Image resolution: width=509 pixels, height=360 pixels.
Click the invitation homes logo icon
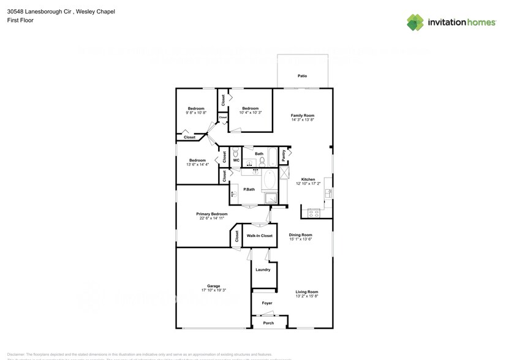415,23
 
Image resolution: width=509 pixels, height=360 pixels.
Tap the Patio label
302,76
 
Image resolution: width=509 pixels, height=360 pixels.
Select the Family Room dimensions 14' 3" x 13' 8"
302,120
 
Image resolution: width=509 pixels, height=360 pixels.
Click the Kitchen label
307,179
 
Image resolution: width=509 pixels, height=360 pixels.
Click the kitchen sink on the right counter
329,193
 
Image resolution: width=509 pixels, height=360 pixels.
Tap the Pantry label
284,156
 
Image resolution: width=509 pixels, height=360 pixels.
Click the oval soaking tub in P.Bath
270,182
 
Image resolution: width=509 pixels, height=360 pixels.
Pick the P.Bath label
249,190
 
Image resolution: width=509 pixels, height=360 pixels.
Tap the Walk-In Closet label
259,235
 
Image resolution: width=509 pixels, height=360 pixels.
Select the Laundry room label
263,269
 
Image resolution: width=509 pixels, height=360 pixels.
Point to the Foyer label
267,303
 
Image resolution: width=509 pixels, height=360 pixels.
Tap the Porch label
268,323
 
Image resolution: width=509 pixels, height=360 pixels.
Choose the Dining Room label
300,235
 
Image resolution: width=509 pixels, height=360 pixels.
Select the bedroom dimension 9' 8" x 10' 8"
196,113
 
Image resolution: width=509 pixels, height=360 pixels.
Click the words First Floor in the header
21,20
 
